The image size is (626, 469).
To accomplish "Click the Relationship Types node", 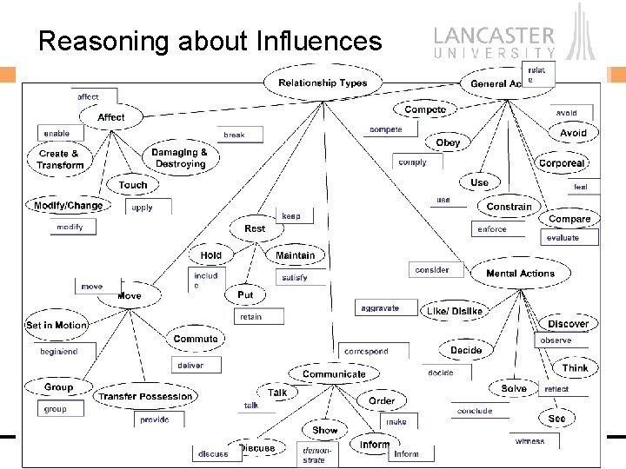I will (x=323, y=83).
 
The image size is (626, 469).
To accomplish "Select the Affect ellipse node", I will (x=111, y=116).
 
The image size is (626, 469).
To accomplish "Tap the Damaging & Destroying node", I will (x=180, y=158).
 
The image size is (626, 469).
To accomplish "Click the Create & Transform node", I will (x=60, y=160).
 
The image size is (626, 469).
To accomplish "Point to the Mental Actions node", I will (x=520, y=274).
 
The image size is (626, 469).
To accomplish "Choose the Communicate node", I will (x=334, y=374).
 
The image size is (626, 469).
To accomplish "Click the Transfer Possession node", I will (x=145, y=396).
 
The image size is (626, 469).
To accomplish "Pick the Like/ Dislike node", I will (x=454, y=311).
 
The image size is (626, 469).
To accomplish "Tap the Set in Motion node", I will (x=57, y=325).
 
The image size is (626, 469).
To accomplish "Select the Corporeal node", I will (x=562, y=163).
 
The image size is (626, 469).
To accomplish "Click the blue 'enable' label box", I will (x=57, y=134).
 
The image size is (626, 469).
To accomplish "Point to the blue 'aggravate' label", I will (x=379, y=308).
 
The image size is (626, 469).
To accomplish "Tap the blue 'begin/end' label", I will (x=59, y=352).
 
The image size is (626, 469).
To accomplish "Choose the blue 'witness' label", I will (x=530, y=441).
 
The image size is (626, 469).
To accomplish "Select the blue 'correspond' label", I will (x=366, y=352).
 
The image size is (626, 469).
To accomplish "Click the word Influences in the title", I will (x=316, y=41).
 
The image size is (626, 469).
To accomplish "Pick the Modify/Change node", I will (x=68, y=206).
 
